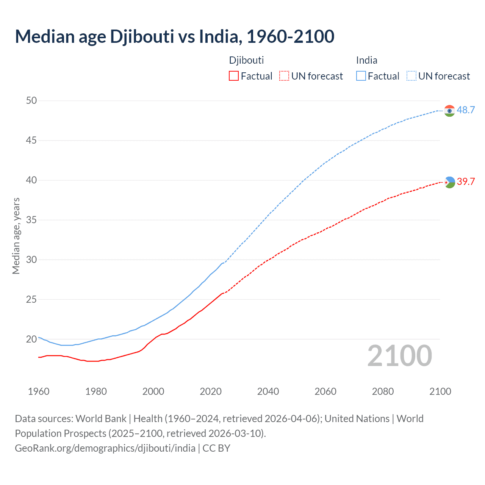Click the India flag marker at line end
pos(449,111)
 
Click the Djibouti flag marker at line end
pos(449,182)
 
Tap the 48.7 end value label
pos(466,110)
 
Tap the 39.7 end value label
pos(466,181)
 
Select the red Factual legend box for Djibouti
pos(234,76)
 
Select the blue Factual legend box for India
pos(361,76)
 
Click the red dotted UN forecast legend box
pos(284,76)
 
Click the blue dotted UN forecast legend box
pos(411,76)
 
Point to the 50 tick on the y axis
pos(31,100)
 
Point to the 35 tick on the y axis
pos(31,220)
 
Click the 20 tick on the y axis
pos(31,339)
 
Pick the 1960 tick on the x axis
pos(39,391)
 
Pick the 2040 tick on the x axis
pos(268,391)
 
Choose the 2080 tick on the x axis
pos(383,391)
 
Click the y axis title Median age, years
pos(16,236)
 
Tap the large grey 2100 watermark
pos(399,355)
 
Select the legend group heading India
pos(366,60)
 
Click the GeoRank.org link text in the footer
pos(105,448)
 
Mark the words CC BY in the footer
pos(216,448)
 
